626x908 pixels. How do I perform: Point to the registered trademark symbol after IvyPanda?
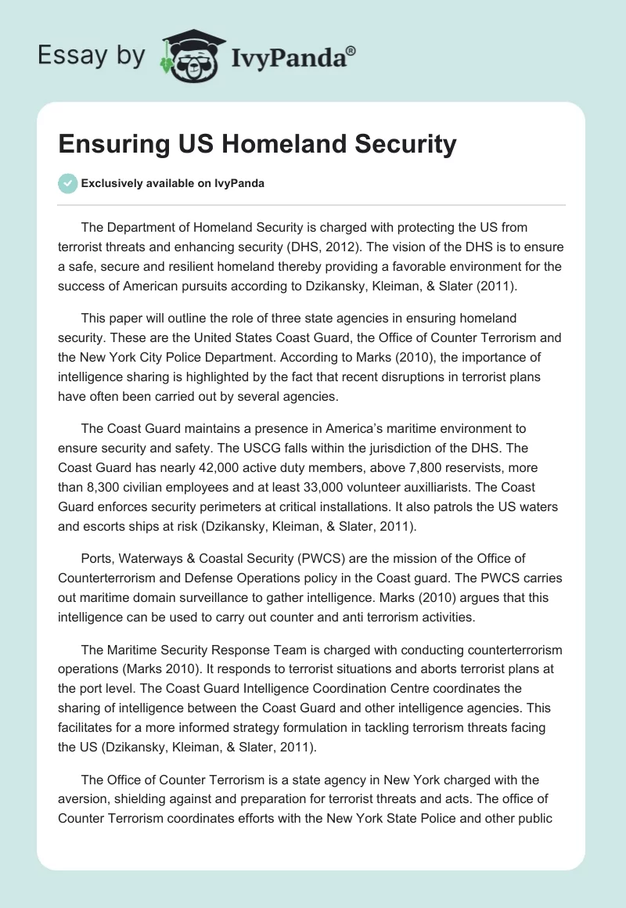point(351,51)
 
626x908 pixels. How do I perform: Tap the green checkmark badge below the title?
point(67,183)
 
